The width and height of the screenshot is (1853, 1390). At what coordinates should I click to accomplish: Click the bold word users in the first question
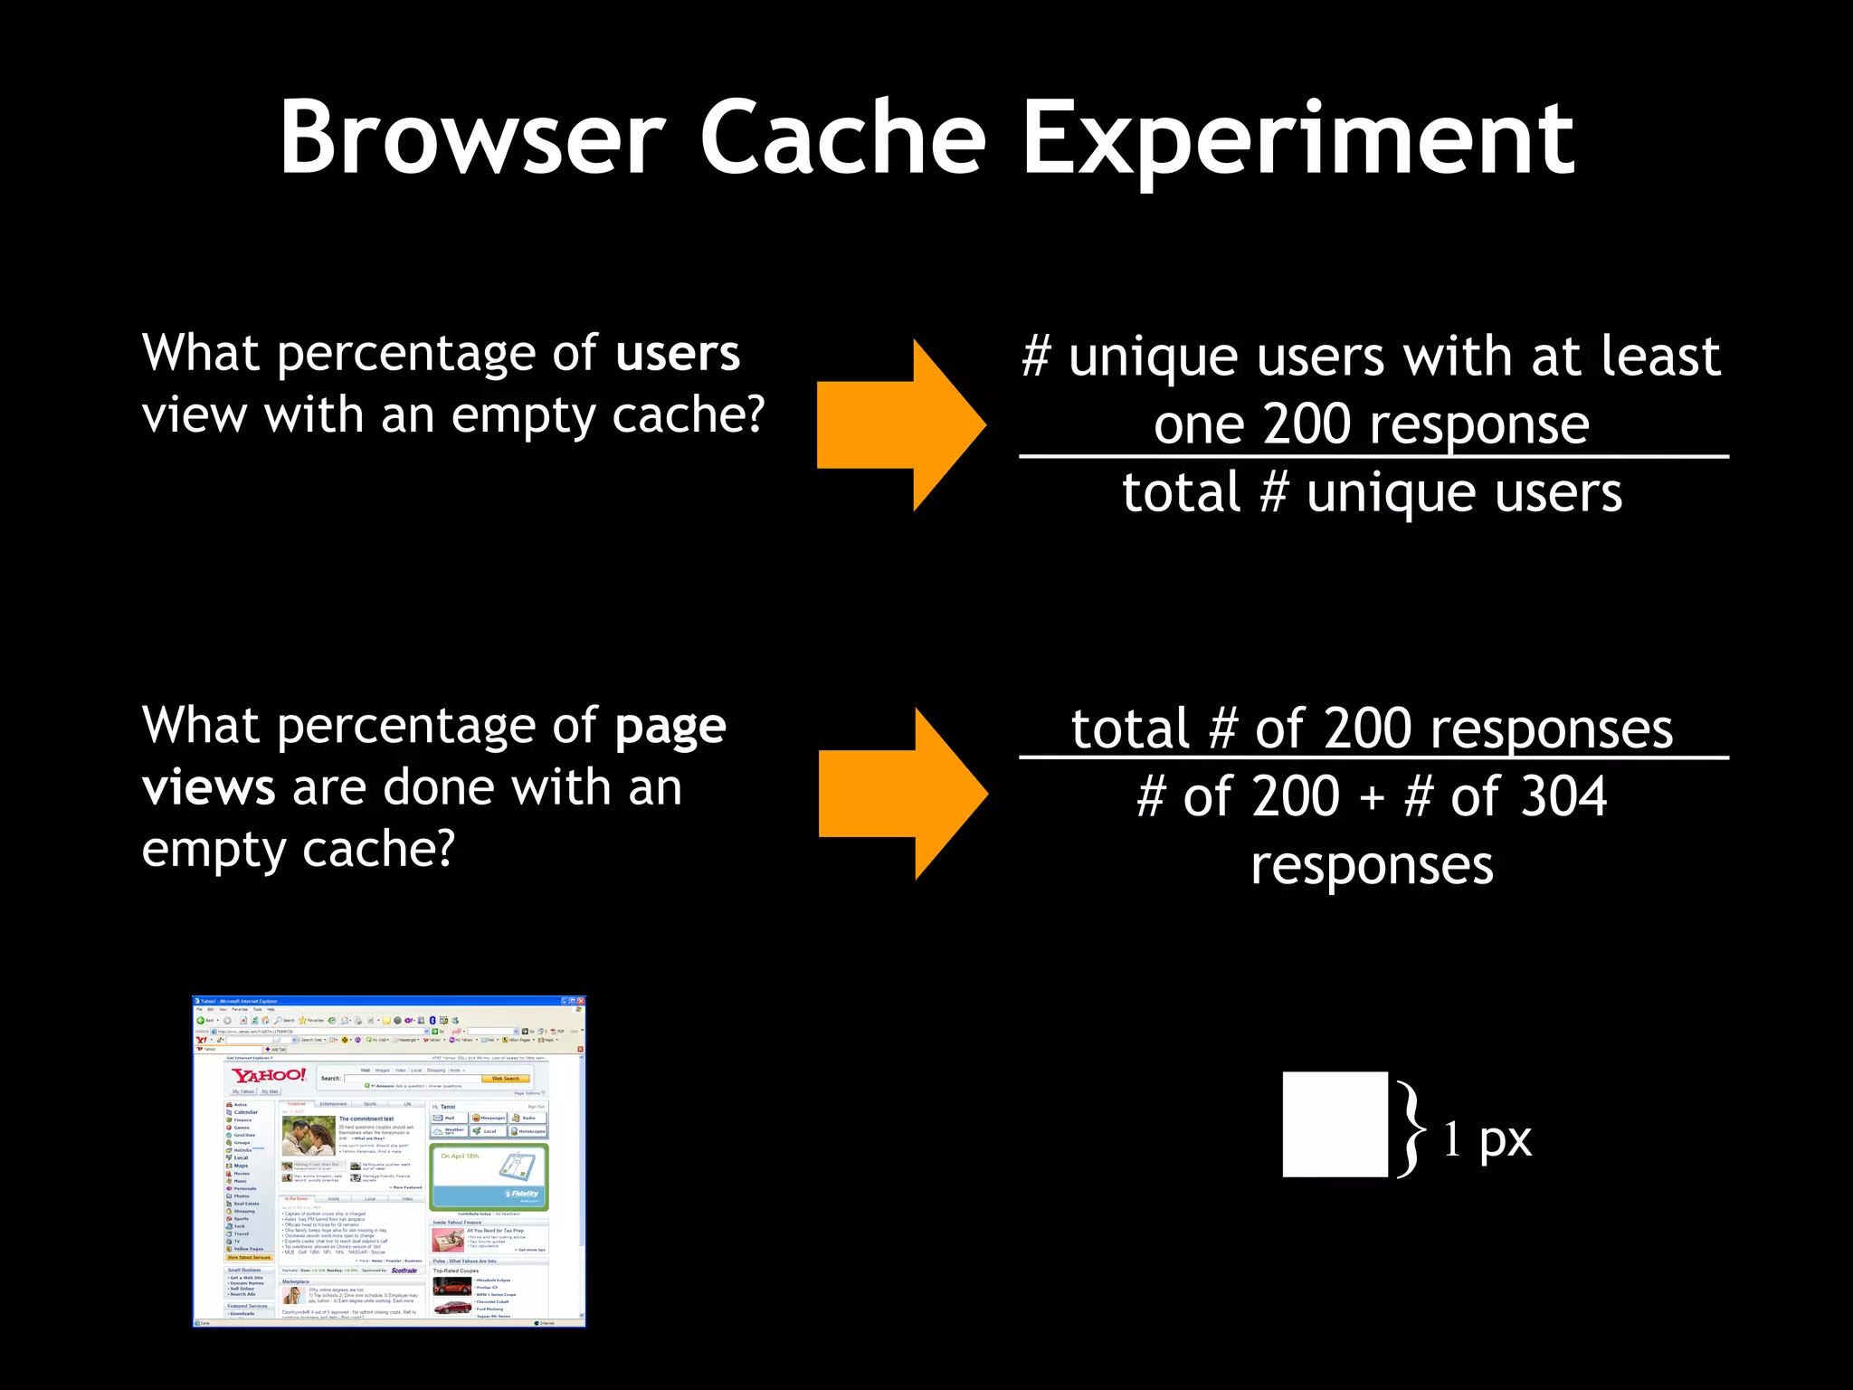coord(678,353)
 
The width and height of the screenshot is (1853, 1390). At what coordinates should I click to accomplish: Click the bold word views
coord(209,787)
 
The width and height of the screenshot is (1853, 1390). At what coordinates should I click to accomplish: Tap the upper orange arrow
coord(900,424)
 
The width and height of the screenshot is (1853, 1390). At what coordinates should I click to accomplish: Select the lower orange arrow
coord(902,794)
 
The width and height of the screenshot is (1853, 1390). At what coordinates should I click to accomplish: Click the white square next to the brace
coord(1335,1124)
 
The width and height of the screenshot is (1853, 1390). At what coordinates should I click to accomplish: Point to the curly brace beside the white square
coord(1410,1128)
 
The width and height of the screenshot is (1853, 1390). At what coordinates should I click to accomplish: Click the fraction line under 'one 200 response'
coord(1373,457)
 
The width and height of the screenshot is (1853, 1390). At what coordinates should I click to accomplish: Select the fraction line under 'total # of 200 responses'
coord(1373,757)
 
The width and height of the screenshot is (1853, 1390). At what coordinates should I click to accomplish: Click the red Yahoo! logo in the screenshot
coord(269,1075)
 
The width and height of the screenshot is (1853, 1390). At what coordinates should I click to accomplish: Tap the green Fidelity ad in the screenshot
coord(489,1176)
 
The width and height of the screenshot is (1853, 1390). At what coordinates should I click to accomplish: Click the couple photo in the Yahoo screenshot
coord(308,1135)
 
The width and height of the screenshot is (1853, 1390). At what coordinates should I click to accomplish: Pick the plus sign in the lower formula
coord(1372,799)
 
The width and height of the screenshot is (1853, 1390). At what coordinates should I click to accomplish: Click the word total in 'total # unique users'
coord(1181,493)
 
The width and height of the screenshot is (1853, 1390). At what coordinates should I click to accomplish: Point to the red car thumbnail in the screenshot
coord(451,1308)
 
